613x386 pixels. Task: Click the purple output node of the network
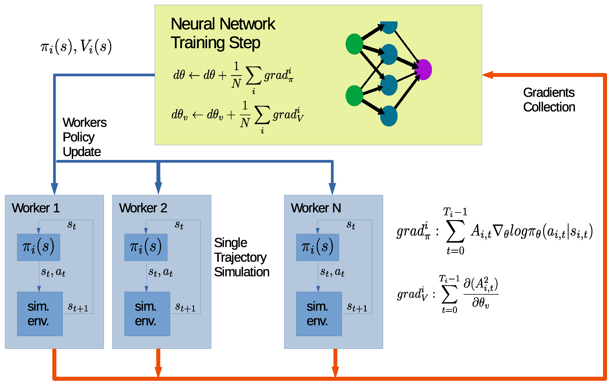[423, 70]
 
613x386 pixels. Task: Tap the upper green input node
[354, 44]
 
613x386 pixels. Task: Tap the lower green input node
[354, 96]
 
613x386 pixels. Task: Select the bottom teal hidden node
[389, 116]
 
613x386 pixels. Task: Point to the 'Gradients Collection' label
[549, 100]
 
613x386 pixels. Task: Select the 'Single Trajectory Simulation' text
[241, 257]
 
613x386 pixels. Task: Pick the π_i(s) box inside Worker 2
[146, 247]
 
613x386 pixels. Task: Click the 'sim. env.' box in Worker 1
[40, 314]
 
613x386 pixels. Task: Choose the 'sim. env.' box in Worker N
[319, 314]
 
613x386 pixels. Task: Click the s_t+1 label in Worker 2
[185, 307]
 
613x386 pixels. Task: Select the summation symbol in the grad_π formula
[455, 231]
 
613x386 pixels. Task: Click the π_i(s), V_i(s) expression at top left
[76, 47]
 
